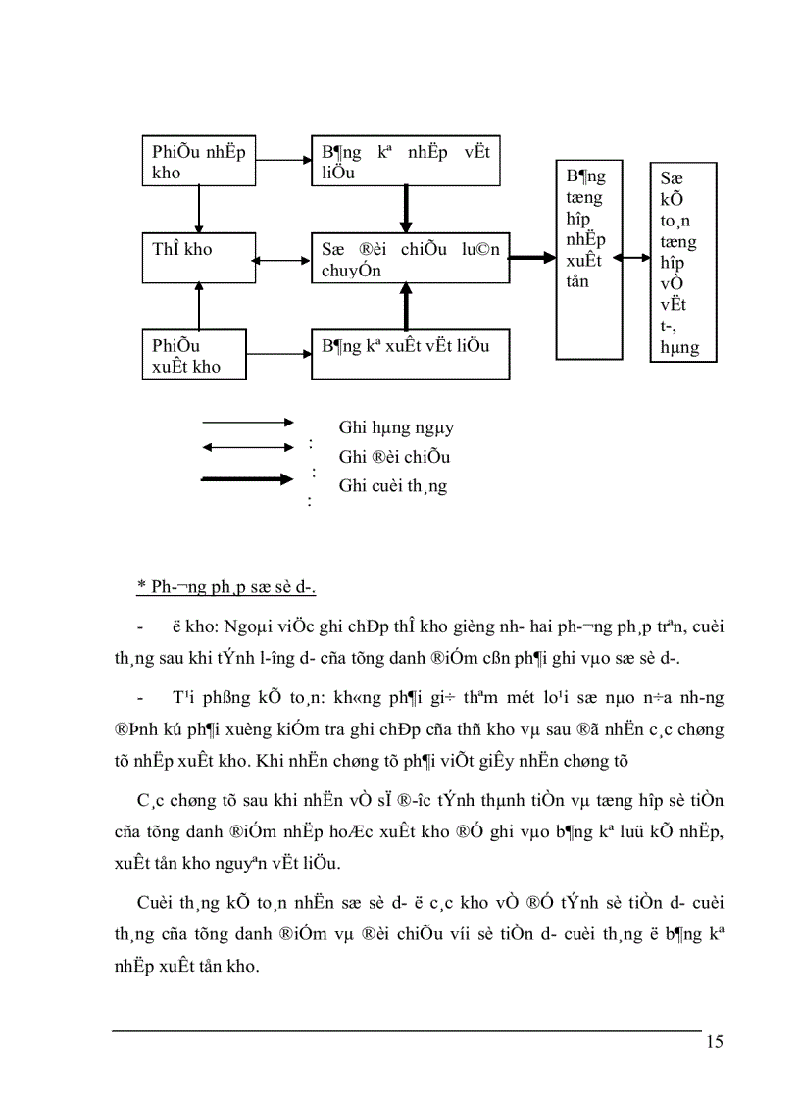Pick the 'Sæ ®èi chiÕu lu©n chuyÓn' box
[x=410, y=259]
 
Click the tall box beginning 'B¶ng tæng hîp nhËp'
[x=589, y=259]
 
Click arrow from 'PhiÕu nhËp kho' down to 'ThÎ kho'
[x=199, y=209]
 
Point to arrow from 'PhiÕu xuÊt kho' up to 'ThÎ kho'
[x=199, y=307]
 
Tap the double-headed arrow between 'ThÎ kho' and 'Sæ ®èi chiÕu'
[x=280, y=260]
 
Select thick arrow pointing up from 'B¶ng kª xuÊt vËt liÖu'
[x=404, y=307]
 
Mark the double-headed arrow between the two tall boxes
[x=636, y=258]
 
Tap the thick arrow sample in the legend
[x=247, y=479]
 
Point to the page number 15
[x=714, y=1041]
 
